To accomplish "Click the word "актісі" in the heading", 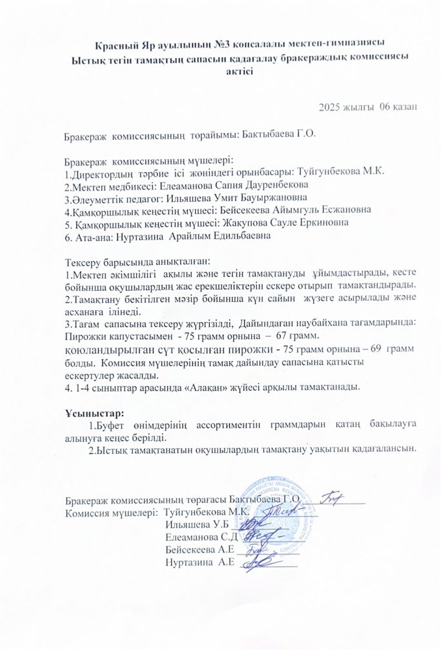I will [239, 72].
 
